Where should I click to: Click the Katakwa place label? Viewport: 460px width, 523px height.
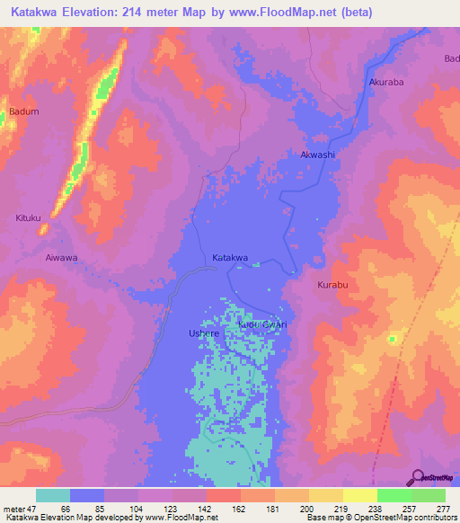point(229,259)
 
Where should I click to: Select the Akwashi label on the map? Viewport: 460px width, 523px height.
point(317,155)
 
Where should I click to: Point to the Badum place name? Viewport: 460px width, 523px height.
point(23,111)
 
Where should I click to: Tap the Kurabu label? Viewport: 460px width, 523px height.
point(332,285)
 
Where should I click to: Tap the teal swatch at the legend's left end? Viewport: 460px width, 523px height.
point(52,495)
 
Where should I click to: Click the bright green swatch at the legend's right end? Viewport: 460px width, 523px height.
point(428,495)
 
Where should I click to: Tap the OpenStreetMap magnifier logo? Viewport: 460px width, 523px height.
point(418,477)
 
